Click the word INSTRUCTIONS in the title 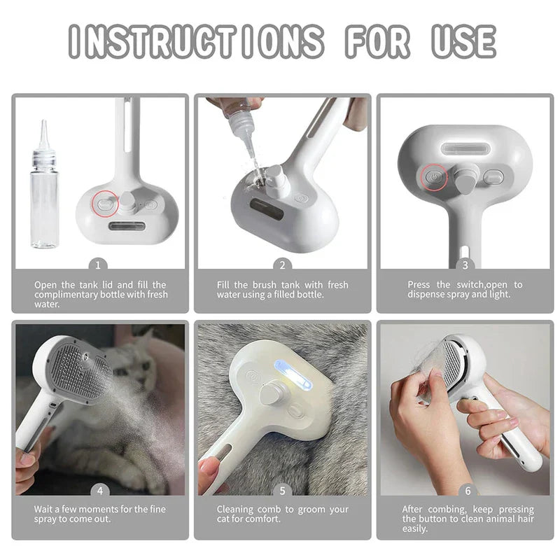(x=197, y=41)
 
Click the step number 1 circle (x=99, y=265)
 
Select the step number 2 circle (x=282, y=265)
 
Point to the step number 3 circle (x=465, y=265)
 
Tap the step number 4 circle (x=99, y=491)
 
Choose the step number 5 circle (x=282, y=491)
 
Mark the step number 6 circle (x=465, y=491)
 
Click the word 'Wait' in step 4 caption (x=45, y=510)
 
